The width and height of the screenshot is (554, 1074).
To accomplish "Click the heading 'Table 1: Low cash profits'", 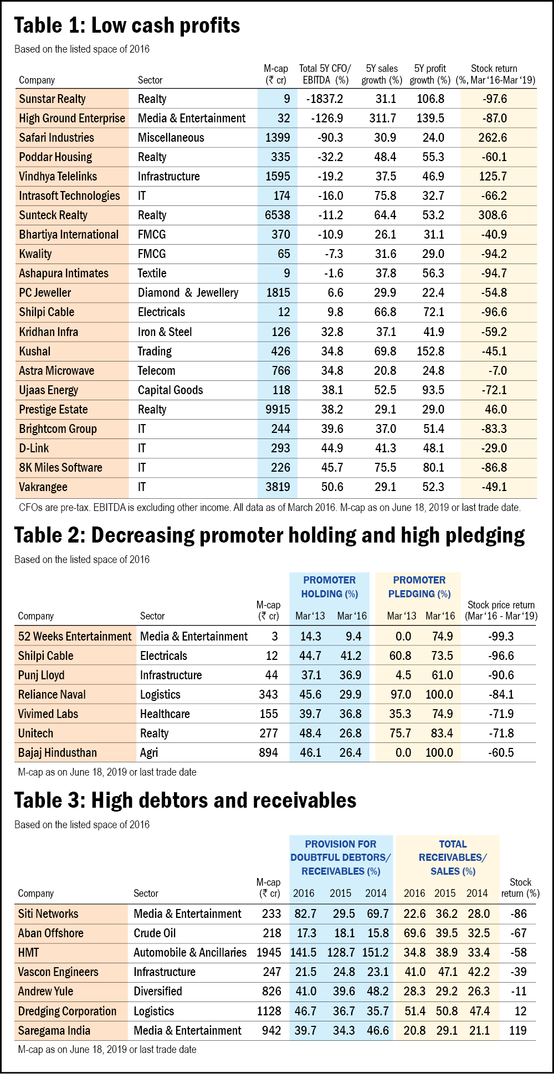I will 127,25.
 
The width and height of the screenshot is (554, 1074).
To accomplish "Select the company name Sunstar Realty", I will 52,99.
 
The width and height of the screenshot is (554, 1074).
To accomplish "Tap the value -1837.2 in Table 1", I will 325,99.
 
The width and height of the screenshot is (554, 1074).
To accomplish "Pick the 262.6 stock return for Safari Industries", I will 493,138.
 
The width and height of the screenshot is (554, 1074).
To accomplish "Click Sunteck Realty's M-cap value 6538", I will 278,215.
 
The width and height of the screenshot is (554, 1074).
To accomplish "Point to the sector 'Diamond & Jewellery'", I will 188,293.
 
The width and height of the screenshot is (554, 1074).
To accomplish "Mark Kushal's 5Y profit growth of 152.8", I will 430,352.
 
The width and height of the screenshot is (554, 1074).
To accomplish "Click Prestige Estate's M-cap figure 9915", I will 278,410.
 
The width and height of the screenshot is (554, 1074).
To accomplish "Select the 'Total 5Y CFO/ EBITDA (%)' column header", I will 325,74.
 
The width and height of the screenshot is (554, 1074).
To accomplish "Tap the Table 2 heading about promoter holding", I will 269,535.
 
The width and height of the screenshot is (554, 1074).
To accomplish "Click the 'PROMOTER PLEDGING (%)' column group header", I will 419,587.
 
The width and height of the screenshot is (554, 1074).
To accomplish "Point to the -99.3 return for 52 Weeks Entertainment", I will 501,637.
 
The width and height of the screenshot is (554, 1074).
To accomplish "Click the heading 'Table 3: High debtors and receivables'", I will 185,801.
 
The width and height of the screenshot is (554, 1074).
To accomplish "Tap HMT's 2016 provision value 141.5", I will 304,953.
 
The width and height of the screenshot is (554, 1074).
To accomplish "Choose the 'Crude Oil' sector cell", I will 155,933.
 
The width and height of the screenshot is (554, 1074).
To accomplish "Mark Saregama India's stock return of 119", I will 517,1031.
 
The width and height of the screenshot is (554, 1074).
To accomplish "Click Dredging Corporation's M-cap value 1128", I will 269,1011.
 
